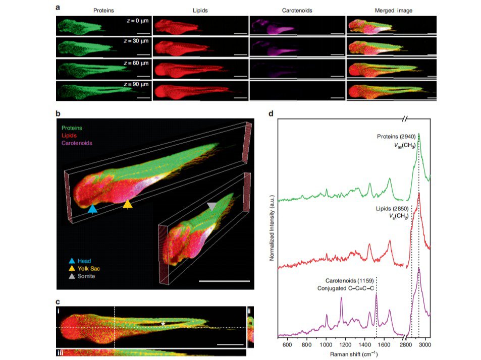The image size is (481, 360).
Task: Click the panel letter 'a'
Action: (58, 7)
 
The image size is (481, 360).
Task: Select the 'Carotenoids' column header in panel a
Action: (297, 11)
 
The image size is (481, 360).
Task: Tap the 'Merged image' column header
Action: (394, 11)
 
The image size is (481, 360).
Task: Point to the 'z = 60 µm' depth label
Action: (136, 63)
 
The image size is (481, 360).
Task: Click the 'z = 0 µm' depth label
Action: (138, 21)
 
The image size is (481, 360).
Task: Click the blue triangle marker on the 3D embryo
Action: (92, 209)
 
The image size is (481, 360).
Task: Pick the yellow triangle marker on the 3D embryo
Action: (128, 204)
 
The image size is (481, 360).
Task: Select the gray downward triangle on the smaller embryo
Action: (212, 207)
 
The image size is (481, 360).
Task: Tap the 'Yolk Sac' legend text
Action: (89, 269)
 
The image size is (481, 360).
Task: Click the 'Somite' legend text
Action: (86, 276)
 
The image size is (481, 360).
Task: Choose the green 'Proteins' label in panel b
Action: (72, 128)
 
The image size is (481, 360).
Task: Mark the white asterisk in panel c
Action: (163, 324)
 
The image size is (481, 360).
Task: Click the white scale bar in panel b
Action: (224, 281)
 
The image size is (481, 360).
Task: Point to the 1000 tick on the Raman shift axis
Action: (326, 345)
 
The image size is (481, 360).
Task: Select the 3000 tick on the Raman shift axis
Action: (425, 345)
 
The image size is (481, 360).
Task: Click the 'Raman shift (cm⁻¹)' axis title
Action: (354, 354)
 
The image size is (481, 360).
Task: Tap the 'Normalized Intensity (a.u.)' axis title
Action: (272, 228)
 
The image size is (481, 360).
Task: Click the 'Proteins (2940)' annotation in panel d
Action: (396, 137)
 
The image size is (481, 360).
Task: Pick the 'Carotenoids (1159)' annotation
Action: (350, 281)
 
